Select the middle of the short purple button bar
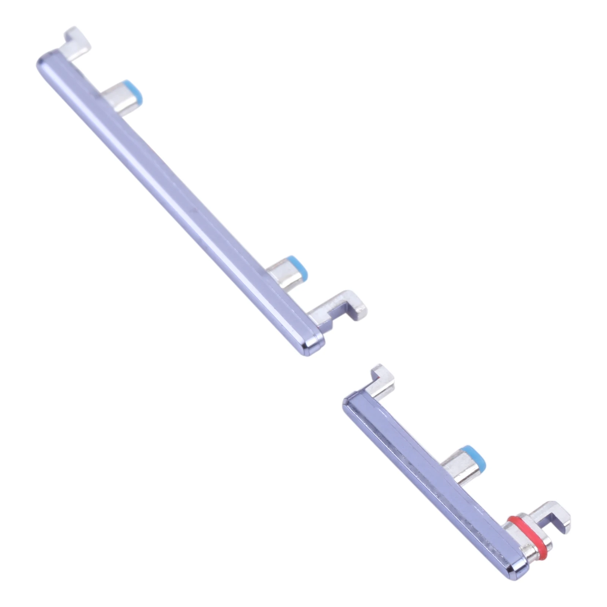pos(429,482)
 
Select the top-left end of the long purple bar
pos(44,61)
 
